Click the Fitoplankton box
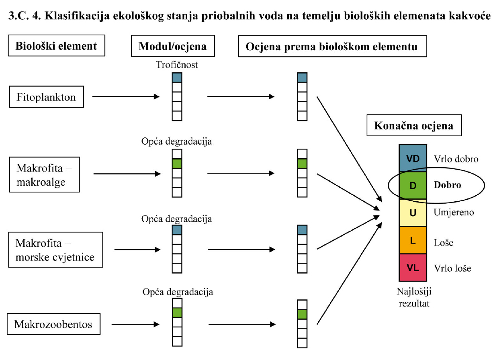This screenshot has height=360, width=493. click(x=46, y=97)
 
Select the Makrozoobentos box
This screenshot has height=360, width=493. click(x=53, y=324)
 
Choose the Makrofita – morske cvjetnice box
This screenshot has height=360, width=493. click(x=55, y=250)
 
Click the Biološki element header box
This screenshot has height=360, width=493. click(x=56, y=46)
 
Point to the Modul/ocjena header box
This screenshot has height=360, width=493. click(x=172, y=46)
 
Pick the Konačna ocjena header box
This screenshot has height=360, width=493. click(x=413, y=126)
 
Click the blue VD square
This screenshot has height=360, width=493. click(x=413, y=158)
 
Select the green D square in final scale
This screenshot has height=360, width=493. click(x=413, y=186)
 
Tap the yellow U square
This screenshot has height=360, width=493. click(x=413, y=213)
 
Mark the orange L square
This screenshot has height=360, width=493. click(x=413, y=240)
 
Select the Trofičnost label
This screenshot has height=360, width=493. click(x=177, y=65)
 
